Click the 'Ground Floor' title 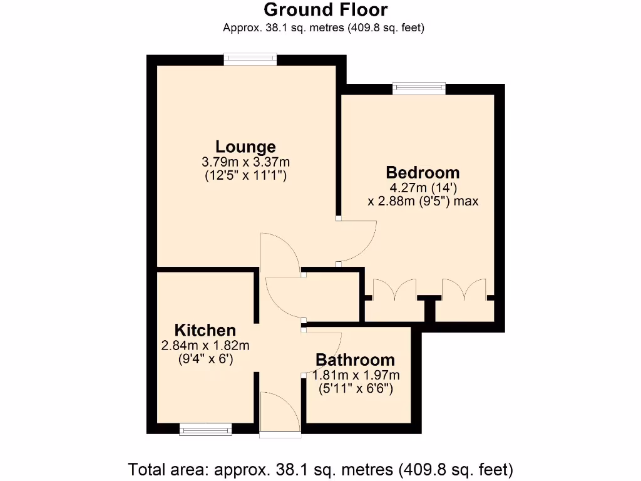325,10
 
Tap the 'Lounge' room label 245,147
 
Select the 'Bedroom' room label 423,172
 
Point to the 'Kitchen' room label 205,330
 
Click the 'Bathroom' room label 355,360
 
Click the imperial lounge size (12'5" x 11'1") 245,176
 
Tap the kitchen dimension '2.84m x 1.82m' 205,345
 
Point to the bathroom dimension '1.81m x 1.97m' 355,375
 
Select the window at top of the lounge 250,59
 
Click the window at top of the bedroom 419,88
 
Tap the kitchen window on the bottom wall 205,429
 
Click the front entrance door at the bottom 280,413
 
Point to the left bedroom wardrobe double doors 394,289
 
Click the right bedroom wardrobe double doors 464,289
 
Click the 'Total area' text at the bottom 320,468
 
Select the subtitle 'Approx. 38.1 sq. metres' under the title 324,28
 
